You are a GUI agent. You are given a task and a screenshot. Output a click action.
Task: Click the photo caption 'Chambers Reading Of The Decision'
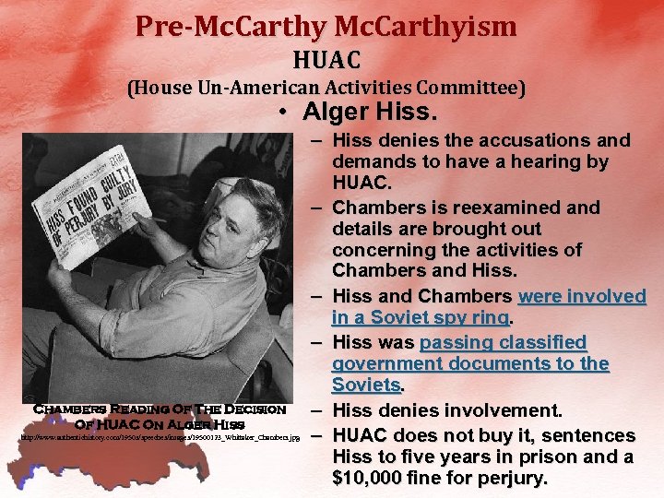click(x=160, y=409)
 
